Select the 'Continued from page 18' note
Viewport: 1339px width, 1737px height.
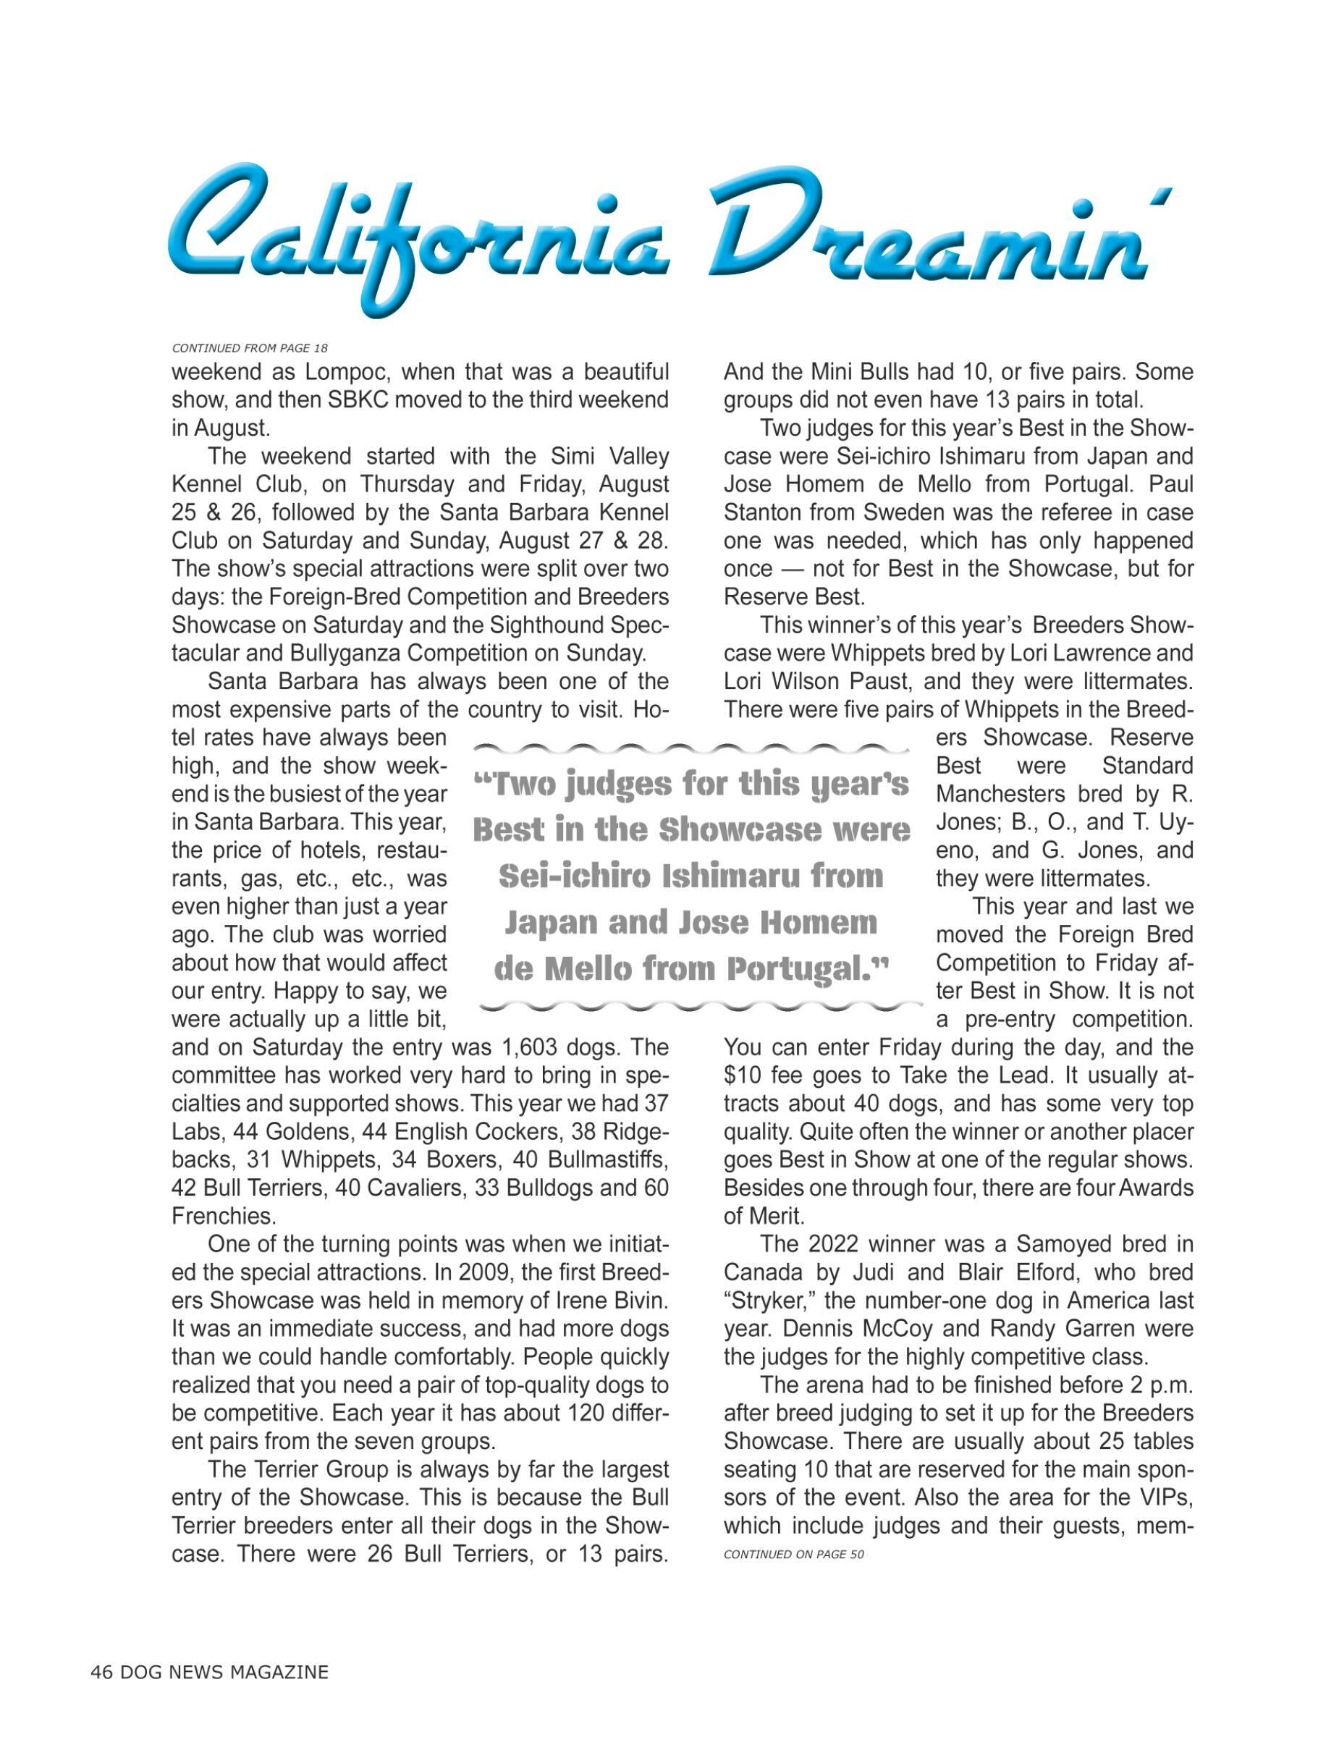[x=250, y=347]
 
